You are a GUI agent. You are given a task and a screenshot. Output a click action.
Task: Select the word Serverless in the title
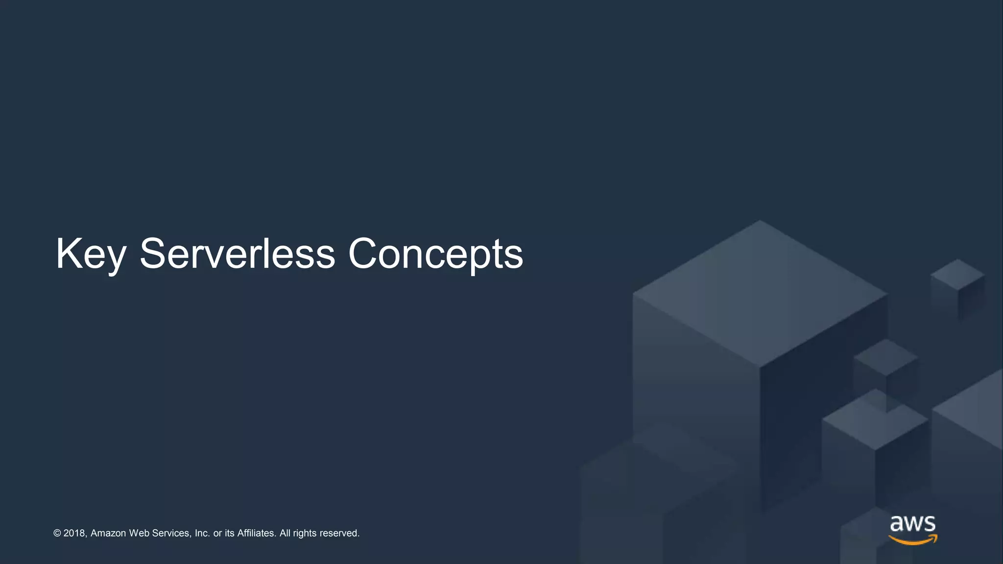point(237,254)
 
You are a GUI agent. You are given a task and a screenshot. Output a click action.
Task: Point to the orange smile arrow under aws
point(913,540)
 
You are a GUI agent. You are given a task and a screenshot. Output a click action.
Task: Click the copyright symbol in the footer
point(57,533)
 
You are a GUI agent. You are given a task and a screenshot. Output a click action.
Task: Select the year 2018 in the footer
point(74,533)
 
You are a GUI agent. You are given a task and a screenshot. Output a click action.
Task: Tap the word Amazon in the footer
point(108,533)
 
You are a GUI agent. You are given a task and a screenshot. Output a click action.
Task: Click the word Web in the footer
point(139,533)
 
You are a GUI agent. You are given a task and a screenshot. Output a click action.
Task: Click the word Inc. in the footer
point(202,533)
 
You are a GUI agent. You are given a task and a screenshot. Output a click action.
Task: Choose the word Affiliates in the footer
point(257,533)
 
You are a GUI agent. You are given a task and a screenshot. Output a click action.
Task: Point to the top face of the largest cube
point(760,294)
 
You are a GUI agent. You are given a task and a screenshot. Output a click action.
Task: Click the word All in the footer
point(285,533)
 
